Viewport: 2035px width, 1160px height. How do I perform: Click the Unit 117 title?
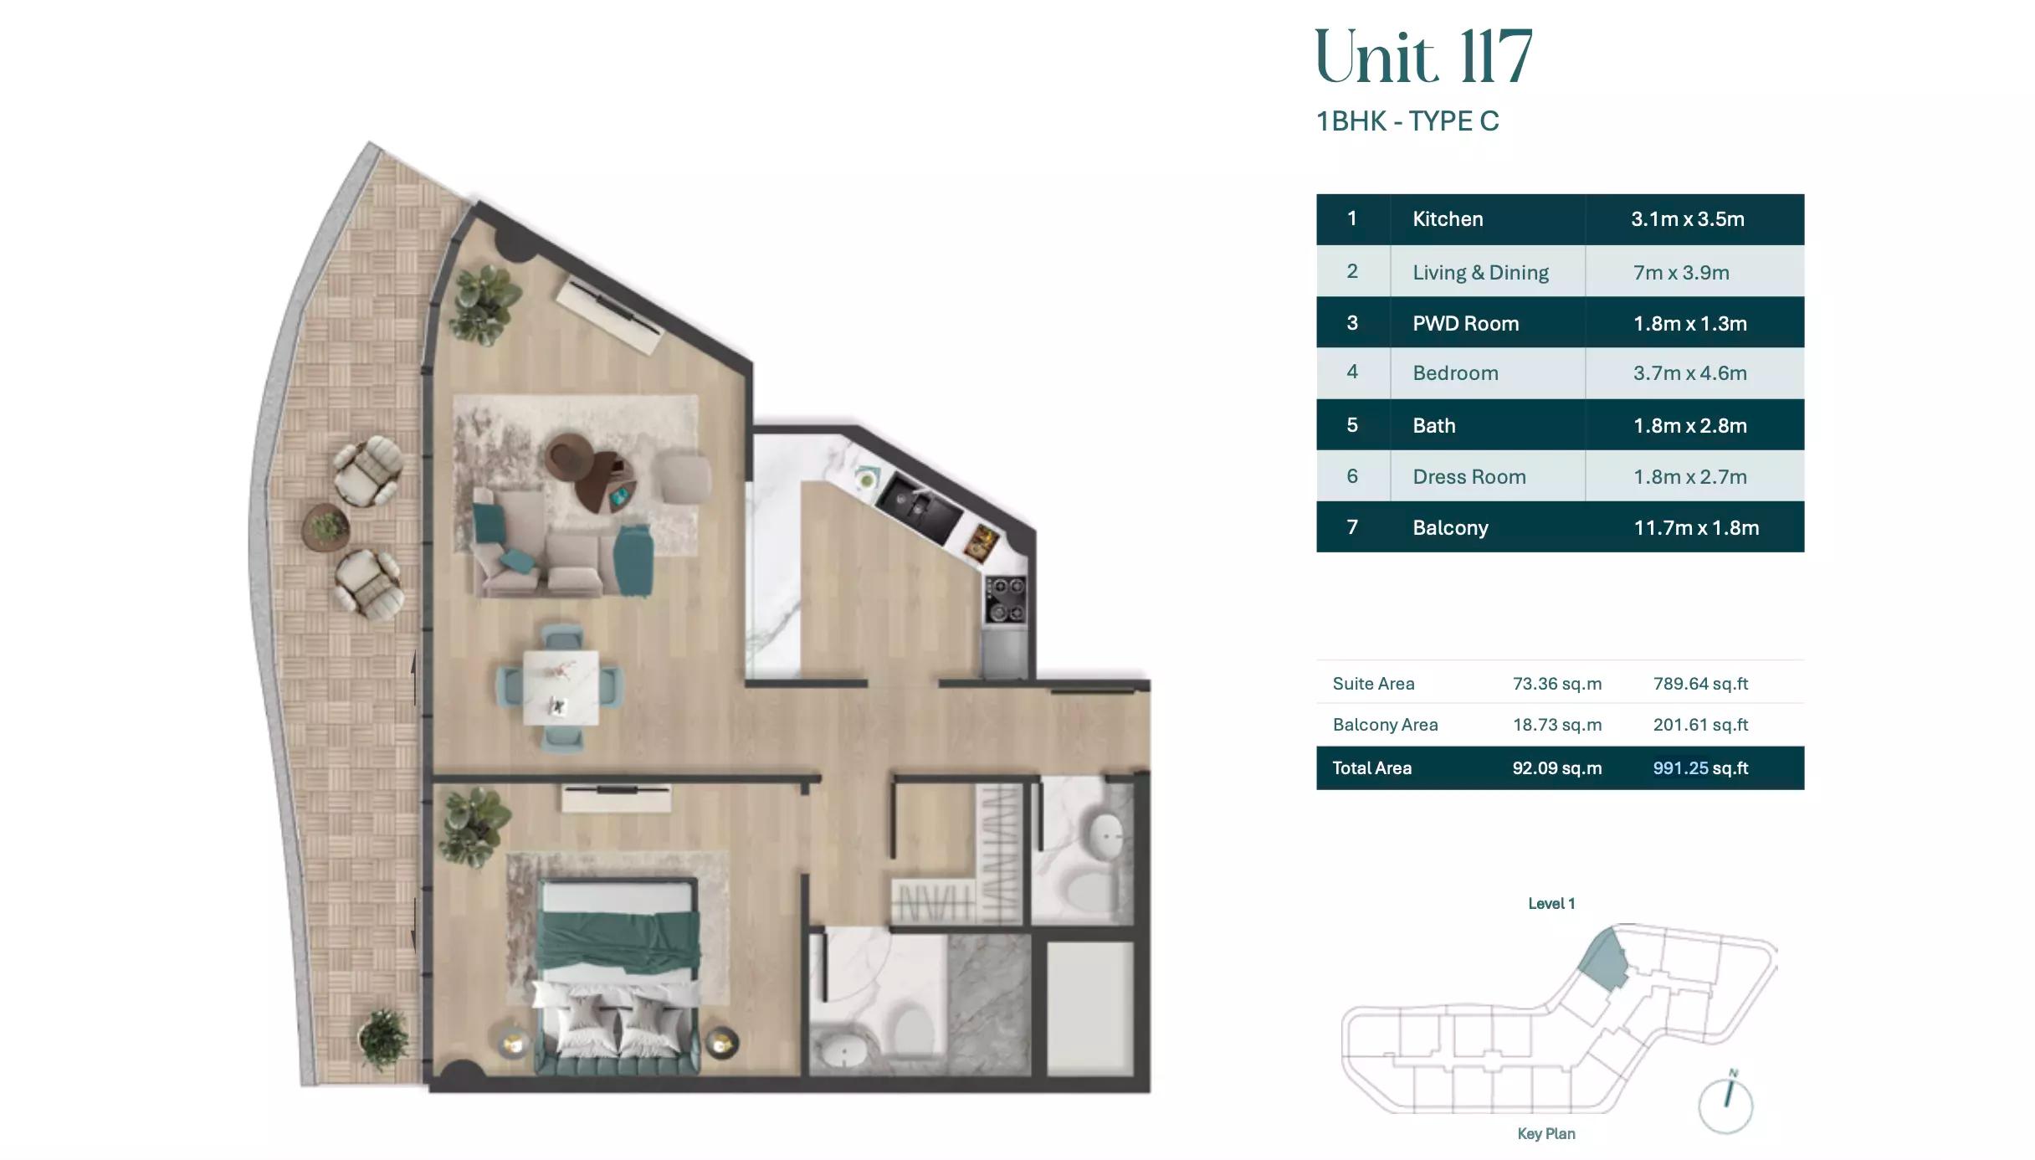[1422, 57]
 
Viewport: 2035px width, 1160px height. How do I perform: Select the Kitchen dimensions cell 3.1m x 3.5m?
[1687, 219]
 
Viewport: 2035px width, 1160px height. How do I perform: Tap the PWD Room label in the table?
[1465, 324]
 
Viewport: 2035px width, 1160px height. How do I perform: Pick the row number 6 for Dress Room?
[1352, 476]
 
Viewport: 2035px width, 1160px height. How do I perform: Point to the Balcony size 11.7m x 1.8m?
[1695, 528]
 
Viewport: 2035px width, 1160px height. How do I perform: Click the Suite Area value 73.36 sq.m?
[1556, 684]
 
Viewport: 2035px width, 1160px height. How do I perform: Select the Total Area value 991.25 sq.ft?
[1699, 768]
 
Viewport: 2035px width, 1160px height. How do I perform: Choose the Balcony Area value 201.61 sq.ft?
[1699, 725]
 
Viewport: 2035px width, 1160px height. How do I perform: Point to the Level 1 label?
[1551, 904]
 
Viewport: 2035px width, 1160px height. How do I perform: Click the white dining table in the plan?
[561, 687]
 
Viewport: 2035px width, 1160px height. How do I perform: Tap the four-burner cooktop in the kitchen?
[1005, 599]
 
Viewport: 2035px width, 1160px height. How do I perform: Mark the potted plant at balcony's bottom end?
[384, 1039]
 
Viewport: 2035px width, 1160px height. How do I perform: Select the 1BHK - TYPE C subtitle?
[1407, 121]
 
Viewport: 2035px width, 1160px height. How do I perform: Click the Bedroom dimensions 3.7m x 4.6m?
[1689, 373]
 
